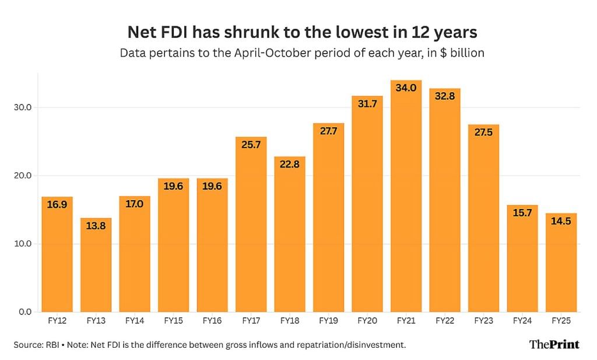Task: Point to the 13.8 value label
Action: click(x=96, y=226)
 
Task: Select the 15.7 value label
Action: click(x=522, y=213)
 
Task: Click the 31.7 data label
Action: click(x=367, y=104)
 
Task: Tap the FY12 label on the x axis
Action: click(x=57, y=321)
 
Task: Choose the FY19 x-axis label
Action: click(x=328, y=321)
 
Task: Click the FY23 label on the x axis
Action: click(x=483, y=321)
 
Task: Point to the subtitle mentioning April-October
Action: click(x=302, y=53)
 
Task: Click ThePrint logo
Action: click(x=554, y=344)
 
